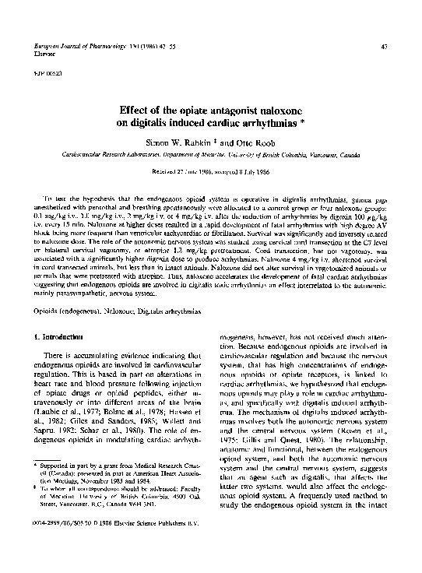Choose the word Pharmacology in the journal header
91,47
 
